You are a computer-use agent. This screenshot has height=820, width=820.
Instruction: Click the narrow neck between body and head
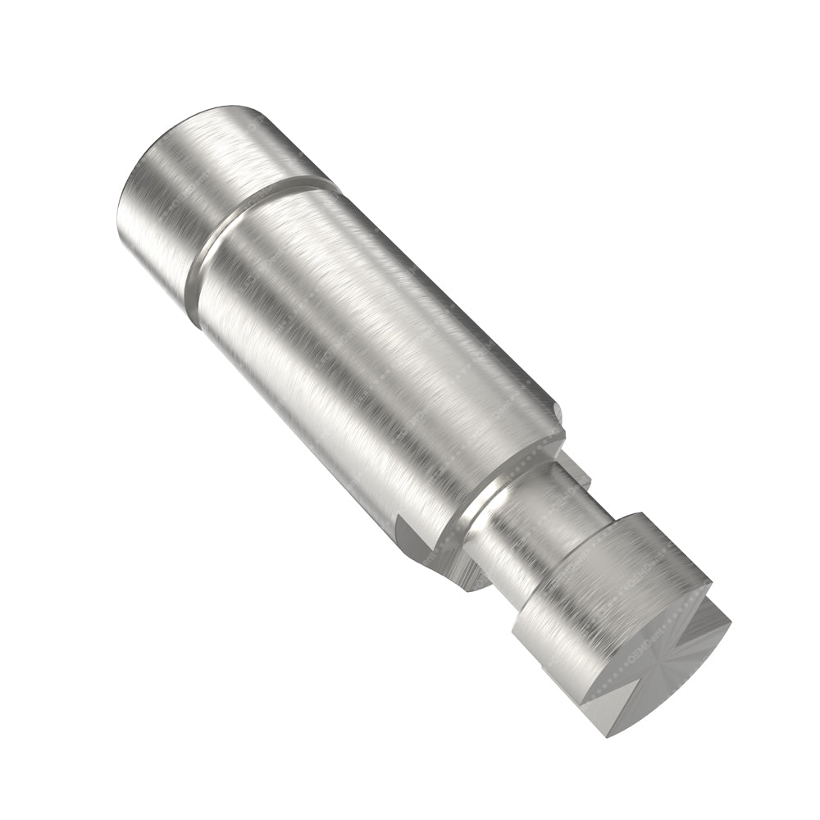533,525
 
